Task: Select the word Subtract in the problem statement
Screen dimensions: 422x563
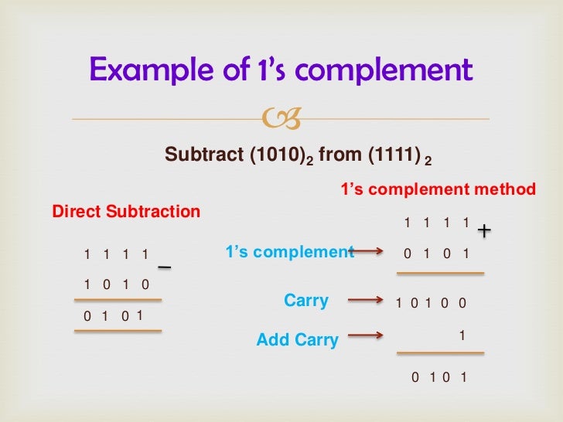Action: click(x=203, y=155)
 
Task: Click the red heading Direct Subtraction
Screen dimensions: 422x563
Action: click(x=125, y=212)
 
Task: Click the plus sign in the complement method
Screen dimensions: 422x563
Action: click(x=485, y=230)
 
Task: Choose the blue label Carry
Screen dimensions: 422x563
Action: click(x=306, y=301)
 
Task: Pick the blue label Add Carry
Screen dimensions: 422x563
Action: click(x=297, y=339)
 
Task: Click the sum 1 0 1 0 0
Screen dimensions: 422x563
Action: click(x=431, y=304)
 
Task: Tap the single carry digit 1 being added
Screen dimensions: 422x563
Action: click(x=462, y=336)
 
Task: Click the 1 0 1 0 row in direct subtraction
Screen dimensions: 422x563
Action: click(x=116, y=284)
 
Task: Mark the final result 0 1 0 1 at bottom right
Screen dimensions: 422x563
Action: click(x=438, y=378)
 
